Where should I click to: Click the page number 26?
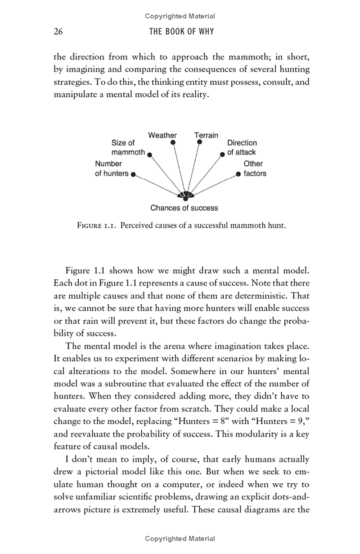(58, 32)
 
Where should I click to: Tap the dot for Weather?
(172, 142)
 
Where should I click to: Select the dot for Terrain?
(199, 142)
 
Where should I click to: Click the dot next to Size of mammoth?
(149, 154)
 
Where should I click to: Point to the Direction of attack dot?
(222, 154)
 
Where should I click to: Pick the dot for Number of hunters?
(133, 175)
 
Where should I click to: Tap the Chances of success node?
(185, 197)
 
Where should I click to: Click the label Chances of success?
(184, 208)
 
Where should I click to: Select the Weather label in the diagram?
(162, 135)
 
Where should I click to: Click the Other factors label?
(255, 168)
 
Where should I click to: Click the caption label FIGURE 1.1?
(97, 225)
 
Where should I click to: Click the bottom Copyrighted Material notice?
(180, 539)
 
